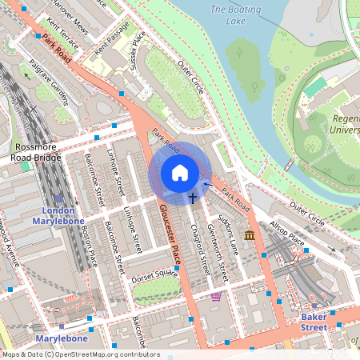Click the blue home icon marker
pos(180,173)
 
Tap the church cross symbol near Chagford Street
pos(193,196)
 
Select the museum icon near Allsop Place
pos(250,235)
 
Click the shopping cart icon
pos(215,297)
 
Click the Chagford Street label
pos(200,246)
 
